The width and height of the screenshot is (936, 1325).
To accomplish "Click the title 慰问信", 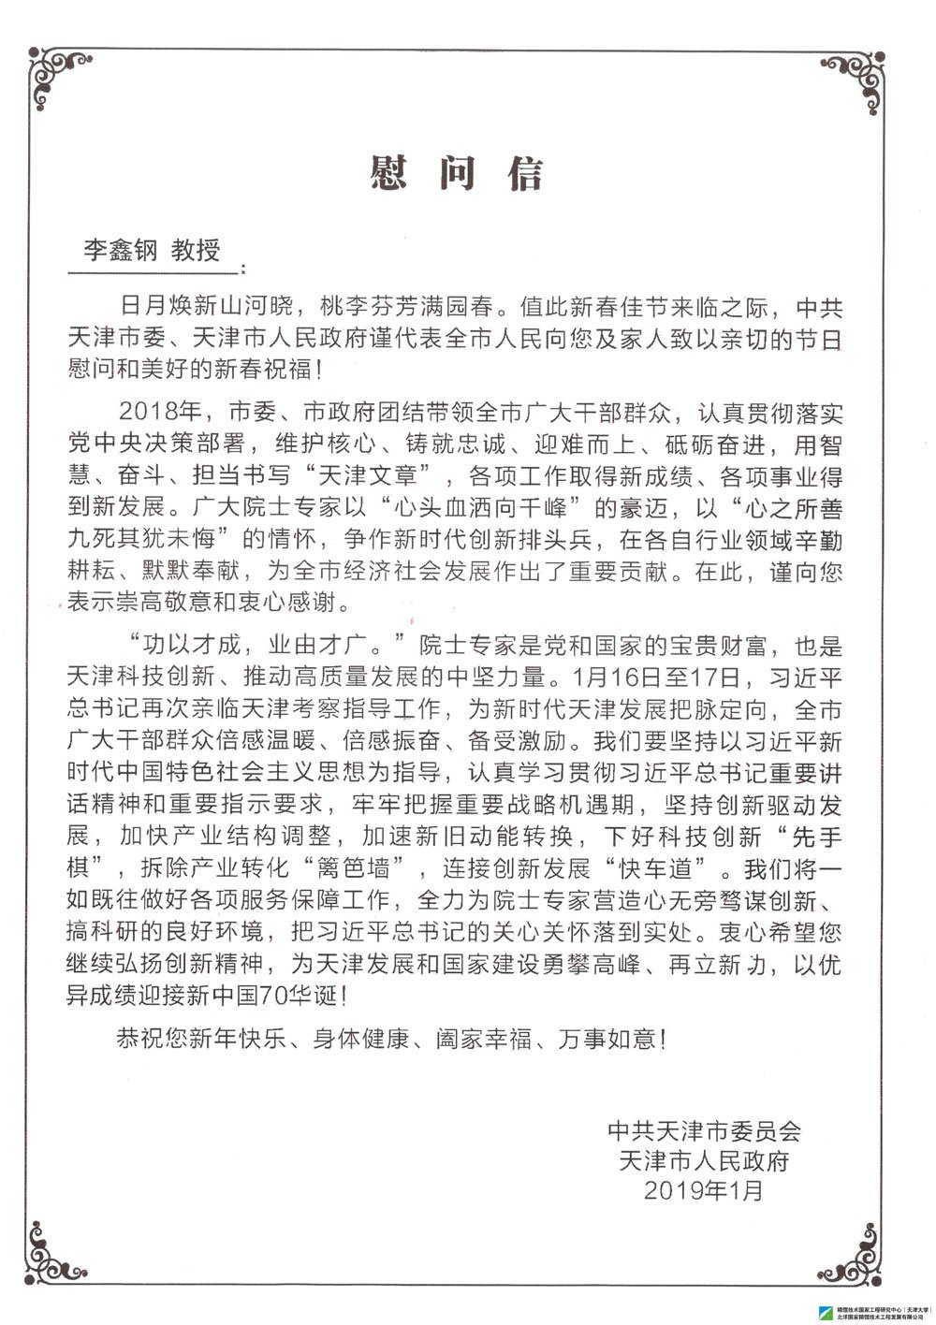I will [457, 173].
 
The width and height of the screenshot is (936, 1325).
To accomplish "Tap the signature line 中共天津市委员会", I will [704, 1130].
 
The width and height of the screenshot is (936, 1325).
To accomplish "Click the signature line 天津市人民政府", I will [704, 1160].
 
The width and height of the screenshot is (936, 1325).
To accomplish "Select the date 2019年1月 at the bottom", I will [704, 1190].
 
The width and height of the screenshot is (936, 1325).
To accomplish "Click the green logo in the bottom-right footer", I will [825, 1312].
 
